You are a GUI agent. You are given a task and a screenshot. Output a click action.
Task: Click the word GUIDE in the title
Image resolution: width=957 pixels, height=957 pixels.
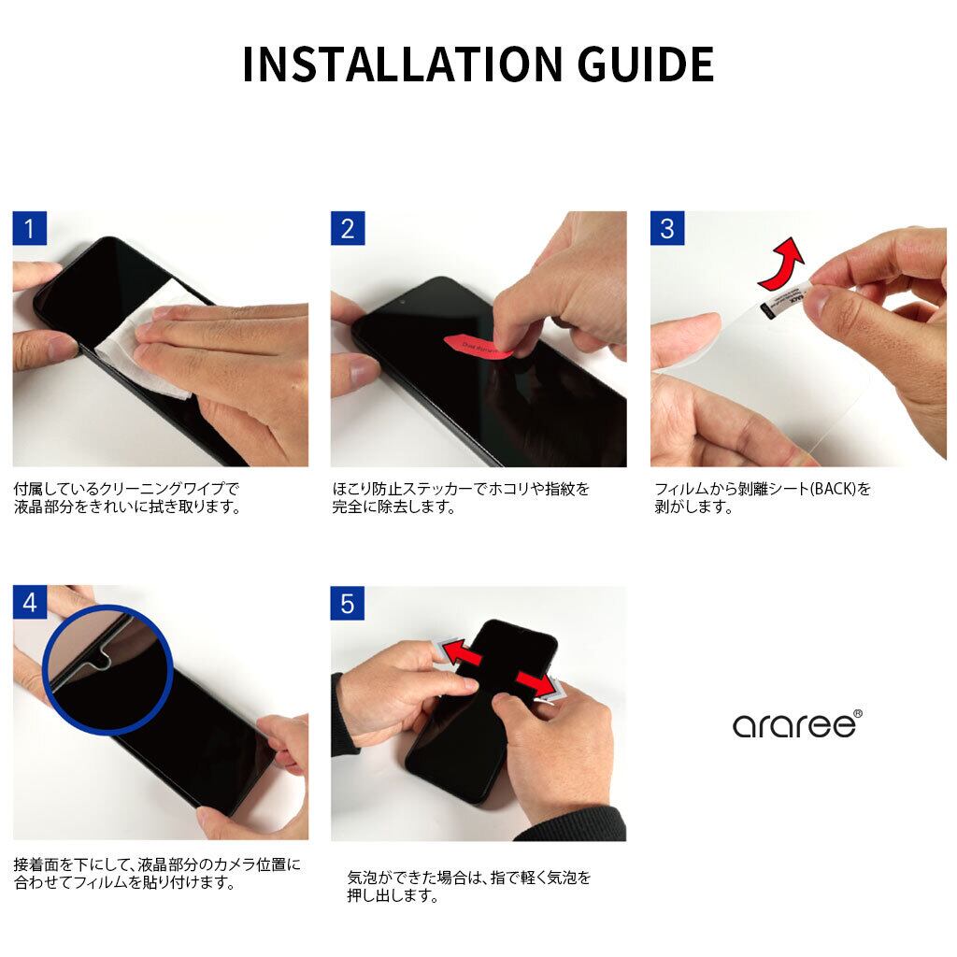tap(646, 64)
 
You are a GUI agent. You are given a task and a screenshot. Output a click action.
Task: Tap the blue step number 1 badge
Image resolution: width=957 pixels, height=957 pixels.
tap(29, 228)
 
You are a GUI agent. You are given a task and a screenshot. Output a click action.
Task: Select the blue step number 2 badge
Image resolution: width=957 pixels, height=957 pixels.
tap(348, 228)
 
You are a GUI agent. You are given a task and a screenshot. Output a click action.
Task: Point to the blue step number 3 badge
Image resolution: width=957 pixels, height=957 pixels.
tap(667, 228)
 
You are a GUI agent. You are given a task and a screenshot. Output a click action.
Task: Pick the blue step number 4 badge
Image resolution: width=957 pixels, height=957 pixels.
tap(29, 603)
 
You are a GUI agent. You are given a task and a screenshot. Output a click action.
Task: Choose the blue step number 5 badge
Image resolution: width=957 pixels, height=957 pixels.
tap(348, 603)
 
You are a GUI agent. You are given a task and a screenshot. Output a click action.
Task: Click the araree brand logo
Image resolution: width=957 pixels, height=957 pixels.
tap(797, 724)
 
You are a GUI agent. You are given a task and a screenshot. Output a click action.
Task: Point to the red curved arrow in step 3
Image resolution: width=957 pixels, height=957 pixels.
tap(782, 264)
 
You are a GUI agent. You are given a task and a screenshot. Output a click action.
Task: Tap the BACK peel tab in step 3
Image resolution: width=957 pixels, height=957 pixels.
tap(786, 300)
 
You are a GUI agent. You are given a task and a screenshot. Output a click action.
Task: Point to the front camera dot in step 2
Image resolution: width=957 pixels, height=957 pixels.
tap(403, 302)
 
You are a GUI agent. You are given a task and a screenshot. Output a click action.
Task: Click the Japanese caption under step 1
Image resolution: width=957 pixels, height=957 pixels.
tap(127, 498)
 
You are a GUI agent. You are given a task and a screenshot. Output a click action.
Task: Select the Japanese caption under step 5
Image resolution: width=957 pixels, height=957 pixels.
tap(469, 887)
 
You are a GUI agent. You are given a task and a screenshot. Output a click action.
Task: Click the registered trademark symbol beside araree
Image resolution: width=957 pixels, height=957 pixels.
tap(858, 713)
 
